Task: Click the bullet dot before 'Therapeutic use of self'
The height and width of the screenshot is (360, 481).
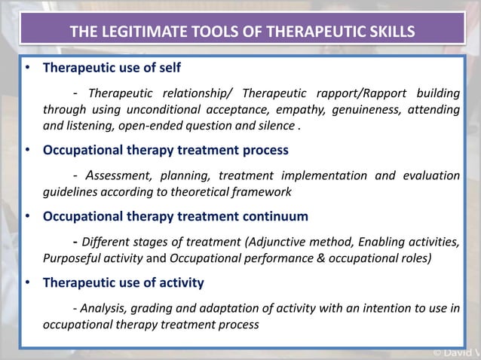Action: [28, 67]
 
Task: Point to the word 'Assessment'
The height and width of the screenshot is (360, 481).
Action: [118, 175]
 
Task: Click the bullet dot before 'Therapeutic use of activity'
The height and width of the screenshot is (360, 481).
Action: [28, 283]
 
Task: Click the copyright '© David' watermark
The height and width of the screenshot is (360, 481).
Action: [455, 352]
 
